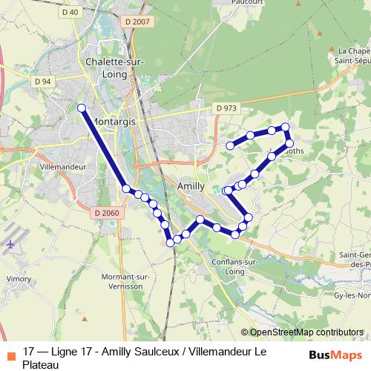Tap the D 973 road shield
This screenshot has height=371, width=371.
tap(227, 108)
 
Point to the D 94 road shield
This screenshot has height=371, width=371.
tap(43, 81)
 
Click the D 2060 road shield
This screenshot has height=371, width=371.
tap(107, 213)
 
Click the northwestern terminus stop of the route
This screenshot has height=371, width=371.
tap(82, 108)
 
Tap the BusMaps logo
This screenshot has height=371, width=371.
tap(335, 354)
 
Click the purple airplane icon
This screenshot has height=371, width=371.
tap(11, 243)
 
